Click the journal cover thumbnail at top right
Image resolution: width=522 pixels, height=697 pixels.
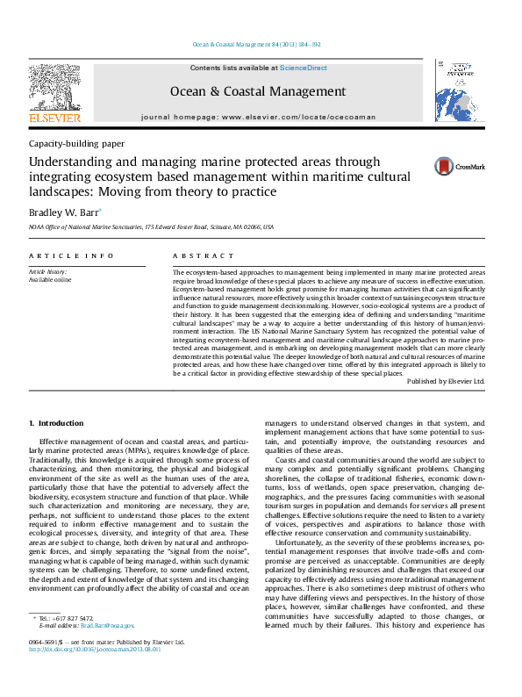453,91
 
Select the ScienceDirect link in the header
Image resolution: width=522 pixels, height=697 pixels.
304,68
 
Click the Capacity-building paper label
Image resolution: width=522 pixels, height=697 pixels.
76,143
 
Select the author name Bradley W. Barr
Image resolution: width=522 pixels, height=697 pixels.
64,212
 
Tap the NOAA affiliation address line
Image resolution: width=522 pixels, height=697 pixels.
152,226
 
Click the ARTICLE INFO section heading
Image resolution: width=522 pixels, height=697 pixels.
71,255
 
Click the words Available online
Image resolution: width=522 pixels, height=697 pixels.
50,280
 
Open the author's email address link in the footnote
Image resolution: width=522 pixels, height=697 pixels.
114,626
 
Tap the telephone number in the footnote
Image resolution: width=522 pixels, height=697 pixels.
75,618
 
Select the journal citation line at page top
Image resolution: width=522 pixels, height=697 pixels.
255,44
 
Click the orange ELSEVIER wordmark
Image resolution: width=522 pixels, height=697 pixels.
54,118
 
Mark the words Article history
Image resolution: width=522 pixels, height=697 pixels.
49,272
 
